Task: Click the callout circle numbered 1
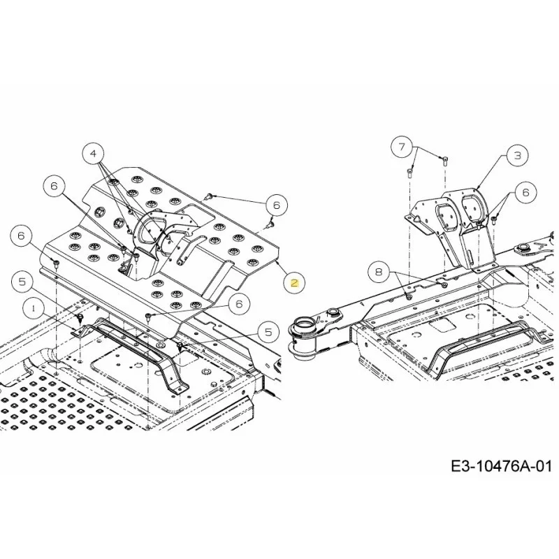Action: coord(34,308)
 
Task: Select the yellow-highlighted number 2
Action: coord(294,284)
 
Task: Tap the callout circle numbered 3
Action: coord(517,155)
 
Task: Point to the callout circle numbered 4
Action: coord(93,154)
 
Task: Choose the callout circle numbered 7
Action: coord(402,147)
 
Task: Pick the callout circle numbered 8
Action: coord(379,272)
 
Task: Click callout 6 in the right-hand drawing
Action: coord(526,193)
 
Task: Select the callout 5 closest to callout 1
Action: coord(22,282)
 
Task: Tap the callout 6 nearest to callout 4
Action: coord(54,187)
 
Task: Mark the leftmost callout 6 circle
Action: coord(22,235)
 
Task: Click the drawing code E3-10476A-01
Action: coord(501,466)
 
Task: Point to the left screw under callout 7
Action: coord(409,173)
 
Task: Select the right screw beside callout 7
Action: coord(445,161)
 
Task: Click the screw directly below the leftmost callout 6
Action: coord(57,264)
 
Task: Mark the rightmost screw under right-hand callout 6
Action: coord(494,220)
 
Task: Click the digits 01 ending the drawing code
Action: coord(544,466)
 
